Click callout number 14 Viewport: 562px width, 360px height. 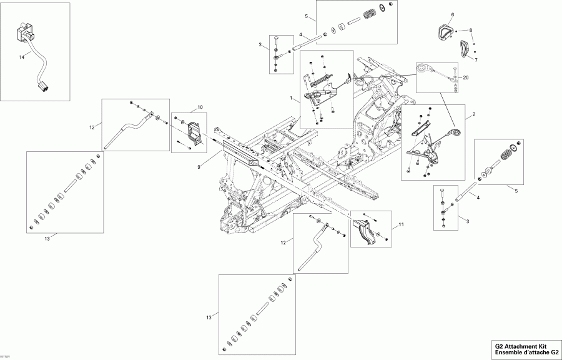click(21, 57)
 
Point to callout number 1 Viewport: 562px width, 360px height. click(291, 99)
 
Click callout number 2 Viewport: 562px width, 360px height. click(474, 115)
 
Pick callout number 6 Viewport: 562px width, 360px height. click(453, 14)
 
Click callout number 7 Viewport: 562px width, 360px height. click(471, 30)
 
